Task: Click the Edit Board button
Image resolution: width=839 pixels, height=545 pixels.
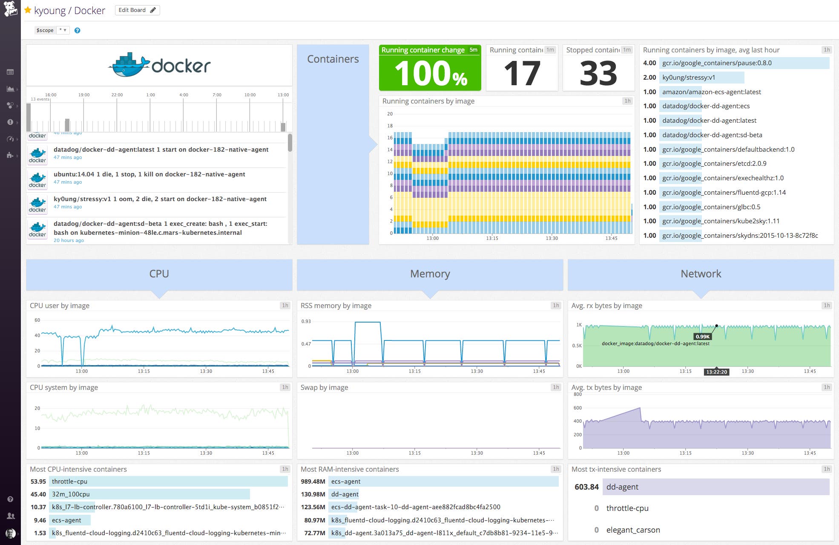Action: pyautogui.click(x=137, y=10)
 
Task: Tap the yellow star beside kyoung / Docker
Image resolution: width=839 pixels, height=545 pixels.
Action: pyautogui.click(x=28, y=10)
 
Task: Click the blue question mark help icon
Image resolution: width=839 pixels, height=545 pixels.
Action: pyautogui.click(x=77, y=30)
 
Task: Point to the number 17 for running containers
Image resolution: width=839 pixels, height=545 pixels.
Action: pyautogui.click(x=522, y=73)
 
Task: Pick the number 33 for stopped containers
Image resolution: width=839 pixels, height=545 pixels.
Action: pyautogui.click(x=598, y=73)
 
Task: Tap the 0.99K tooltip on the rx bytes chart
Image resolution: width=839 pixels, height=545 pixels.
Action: pyautogui.click(x=702, y=337)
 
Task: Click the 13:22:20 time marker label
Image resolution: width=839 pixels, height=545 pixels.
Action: pyautogui.click(x=717, y=372)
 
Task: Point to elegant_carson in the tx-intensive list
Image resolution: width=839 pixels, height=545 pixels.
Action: pyautogui.click(x=633, y=530)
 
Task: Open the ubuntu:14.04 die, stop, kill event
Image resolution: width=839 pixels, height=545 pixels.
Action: pyautogui.click(x=149, y=174)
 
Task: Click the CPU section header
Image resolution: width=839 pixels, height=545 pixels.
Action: pyautogui.click(x=159, y=274)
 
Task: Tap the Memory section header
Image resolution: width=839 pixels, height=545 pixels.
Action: pyautogui.click(x=430, y=274)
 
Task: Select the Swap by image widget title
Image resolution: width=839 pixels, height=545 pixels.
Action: pyautogui.click(x=324, y=387)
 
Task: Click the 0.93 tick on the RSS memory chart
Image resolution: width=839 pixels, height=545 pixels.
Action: pyautogui.click(x=306, y=321)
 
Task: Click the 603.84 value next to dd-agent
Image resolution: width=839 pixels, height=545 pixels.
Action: pyautogui.click(x=586, y=487)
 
